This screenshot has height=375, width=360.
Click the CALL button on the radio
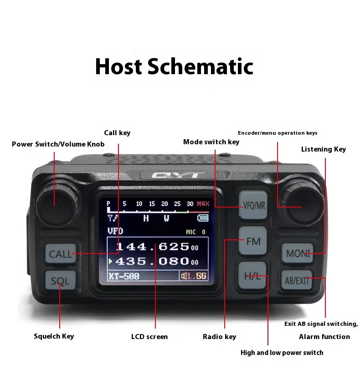pos(60,254)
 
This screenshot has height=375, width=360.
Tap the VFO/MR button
pos(254,205)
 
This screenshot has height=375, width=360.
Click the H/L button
pos(252,276)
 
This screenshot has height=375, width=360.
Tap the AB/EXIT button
pos(297,280)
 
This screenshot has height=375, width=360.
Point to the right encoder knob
pos(301,202)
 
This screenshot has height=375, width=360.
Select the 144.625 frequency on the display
pos(153,247)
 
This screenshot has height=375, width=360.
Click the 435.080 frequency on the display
pos(153,261)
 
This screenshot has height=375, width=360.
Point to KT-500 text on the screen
pos(123,276)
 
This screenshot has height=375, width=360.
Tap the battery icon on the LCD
pos(202,218)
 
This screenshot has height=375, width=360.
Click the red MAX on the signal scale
pos(203,204)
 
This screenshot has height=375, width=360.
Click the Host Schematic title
pos(174,66)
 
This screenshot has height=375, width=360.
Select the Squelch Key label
pos(54,336)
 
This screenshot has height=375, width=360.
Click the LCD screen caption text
pos(149,337)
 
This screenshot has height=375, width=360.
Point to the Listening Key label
pos(323,149)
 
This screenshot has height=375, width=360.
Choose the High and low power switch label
pos(282,353)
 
